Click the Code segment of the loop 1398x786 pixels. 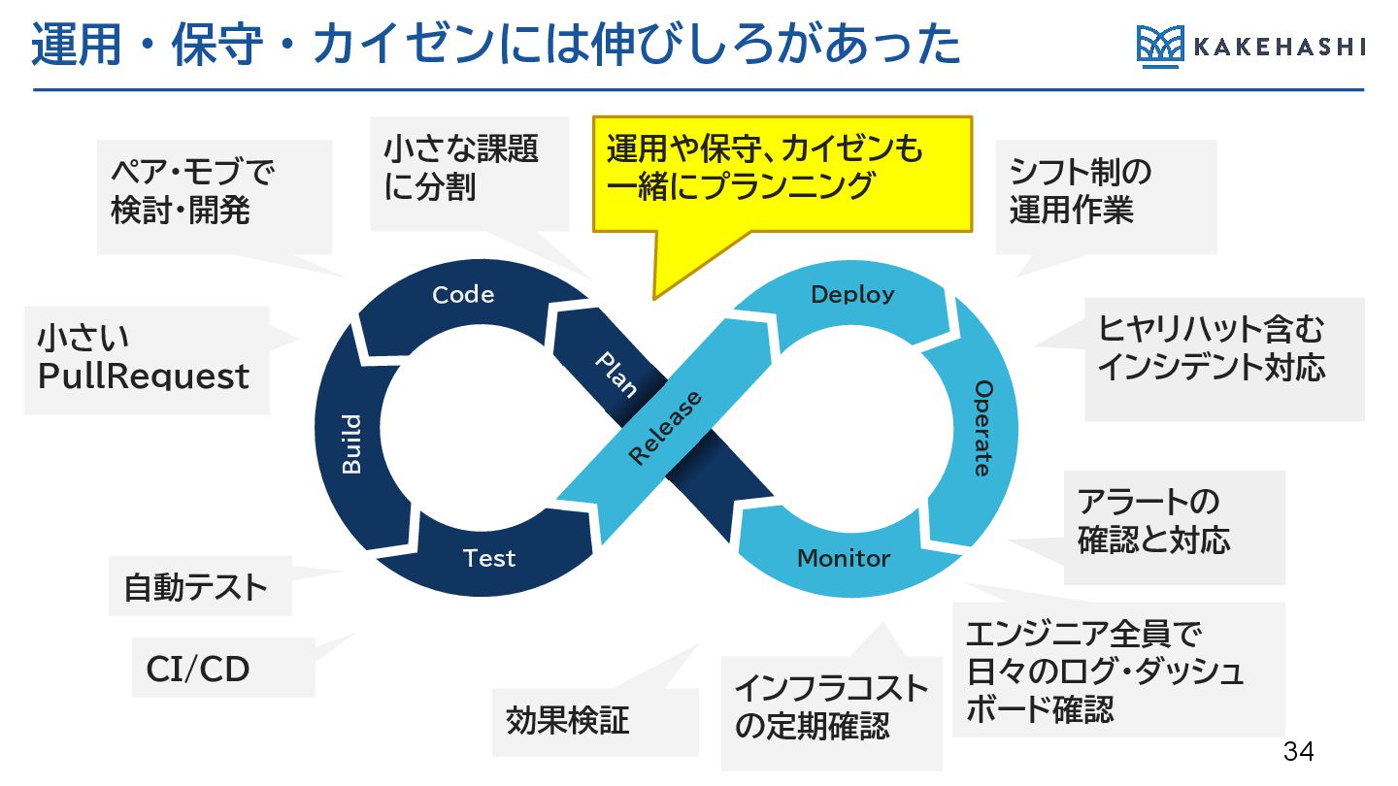tap(463, 295)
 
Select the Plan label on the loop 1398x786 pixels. tap(616, 375)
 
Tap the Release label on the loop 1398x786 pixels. tap(665, 428)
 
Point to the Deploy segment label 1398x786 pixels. tap(852, 294)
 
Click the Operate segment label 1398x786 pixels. tap(982, 428)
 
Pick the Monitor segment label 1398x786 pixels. tap(843, 558)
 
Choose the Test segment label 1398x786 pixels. tap(488, 558)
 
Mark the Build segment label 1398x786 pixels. tap(351, 444)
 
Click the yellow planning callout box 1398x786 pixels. tap(782, 174)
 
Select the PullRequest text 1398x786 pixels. tap(144, 377)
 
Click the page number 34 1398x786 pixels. tap(1298, 751)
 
